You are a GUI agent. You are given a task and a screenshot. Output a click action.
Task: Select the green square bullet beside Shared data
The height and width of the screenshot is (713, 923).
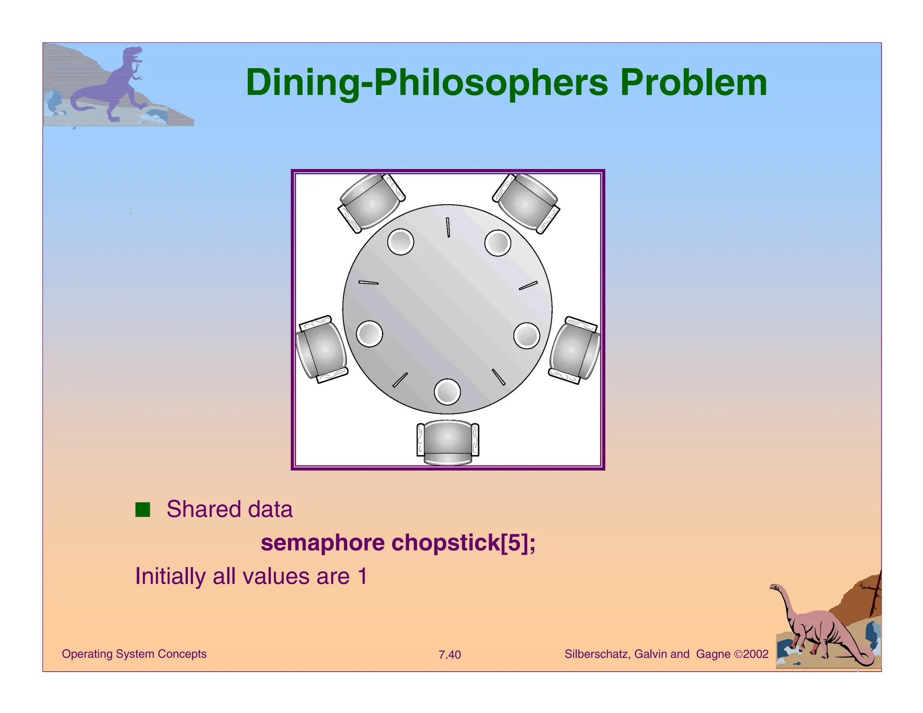(x=142, y=510)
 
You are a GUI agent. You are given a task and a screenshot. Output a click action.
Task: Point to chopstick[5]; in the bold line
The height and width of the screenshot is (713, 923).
(x=463, y=543)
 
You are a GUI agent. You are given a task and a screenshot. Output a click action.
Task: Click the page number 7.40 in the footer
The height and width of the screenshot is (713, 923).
(x=449, y=655)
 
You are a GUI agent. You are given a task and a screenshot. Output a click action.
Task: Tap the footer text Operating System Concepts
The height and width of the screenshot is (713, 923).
(x=134, y=654)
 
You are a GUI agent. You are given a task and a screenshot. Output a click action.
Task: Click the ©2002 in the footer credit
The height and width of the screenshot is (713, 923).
(x=751, y=654)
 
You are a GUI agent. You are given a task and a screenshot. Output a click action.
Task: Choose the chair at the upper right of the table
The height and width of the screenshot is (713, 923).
(x=526, y=202)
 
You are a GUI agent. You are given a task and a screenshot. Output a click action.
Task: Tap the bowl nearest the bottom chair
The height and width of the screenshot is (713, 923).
(x=447, y=391)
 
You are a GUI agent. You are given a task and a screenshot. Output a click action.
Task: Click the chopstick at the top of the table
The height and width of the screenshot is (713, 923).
(x=448, y=227)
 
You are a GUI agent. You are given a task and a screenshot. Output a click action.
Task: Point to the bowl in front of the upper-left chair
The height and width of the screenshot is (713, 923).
(x=400, y=242)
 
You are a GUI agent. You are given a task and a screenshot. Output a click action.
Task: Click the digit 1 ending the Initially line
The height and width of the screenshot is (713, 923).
(x=362, y=576)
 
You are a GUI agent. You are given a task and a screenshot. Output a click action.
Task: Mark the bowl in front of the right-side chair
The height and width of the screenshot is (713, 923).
(x=526, y=336)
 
